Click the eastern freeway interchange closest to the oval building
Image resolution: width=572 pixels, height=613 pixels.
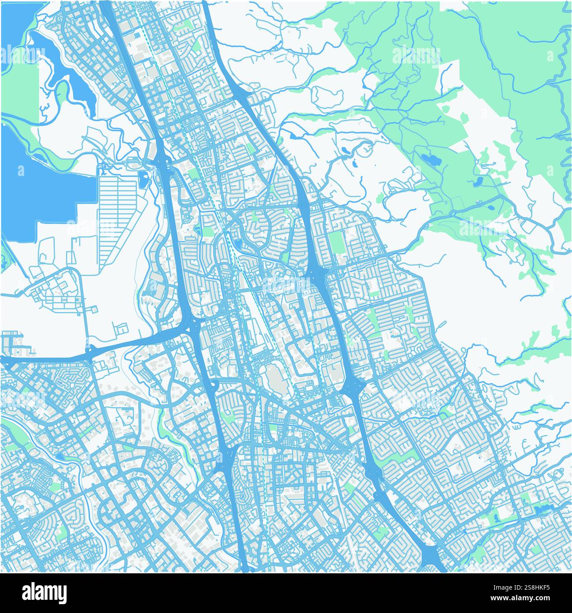point(355,388)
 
